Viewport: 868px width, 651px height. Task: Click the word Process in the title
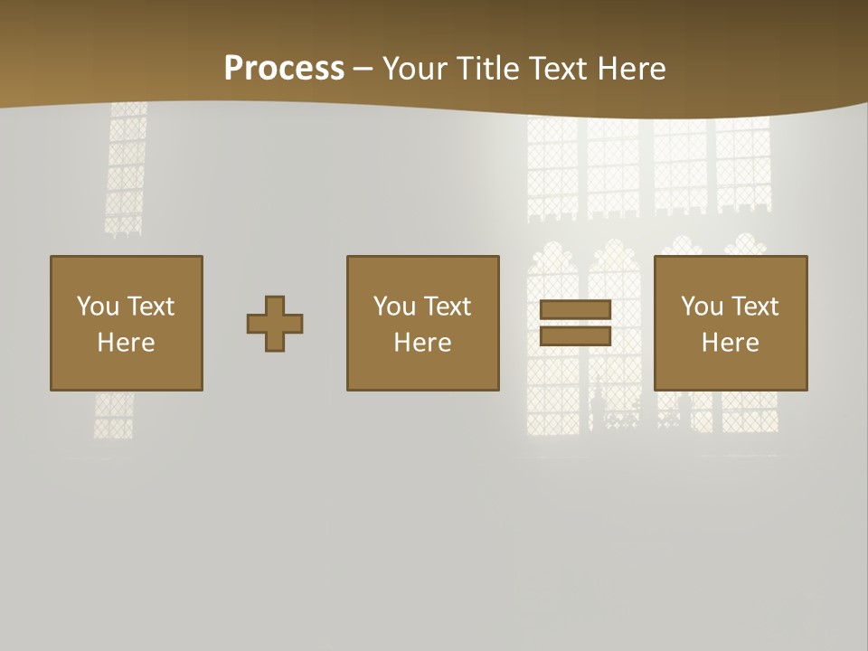point(284,69)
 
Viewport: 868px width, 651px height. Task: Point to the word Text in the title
point(557,69)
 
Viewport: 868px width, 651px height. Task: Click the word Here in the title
point(630,69)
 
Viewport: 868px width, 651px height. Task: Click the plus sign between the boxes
point(275,324)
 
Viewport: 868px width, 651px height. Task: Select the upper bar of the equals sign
point(575,309)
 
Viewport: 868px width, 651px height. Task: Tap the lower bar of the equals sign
point(575,336)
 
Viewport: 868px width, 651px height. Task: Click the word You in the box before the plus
point(98,307)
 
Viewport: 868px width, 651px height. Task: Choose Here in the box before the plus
point(126,343)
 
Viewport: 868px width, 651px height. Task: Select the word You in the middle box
point(394,307)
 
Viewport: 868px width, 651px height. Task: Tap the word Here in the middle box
point(422,343)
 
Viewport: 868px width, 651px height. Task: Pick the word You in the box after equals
point(702,307)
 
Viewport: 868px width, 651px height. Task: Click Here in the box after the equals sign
point(730,343)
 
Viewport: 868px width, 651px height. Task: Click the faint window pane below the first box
point(114,416)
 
